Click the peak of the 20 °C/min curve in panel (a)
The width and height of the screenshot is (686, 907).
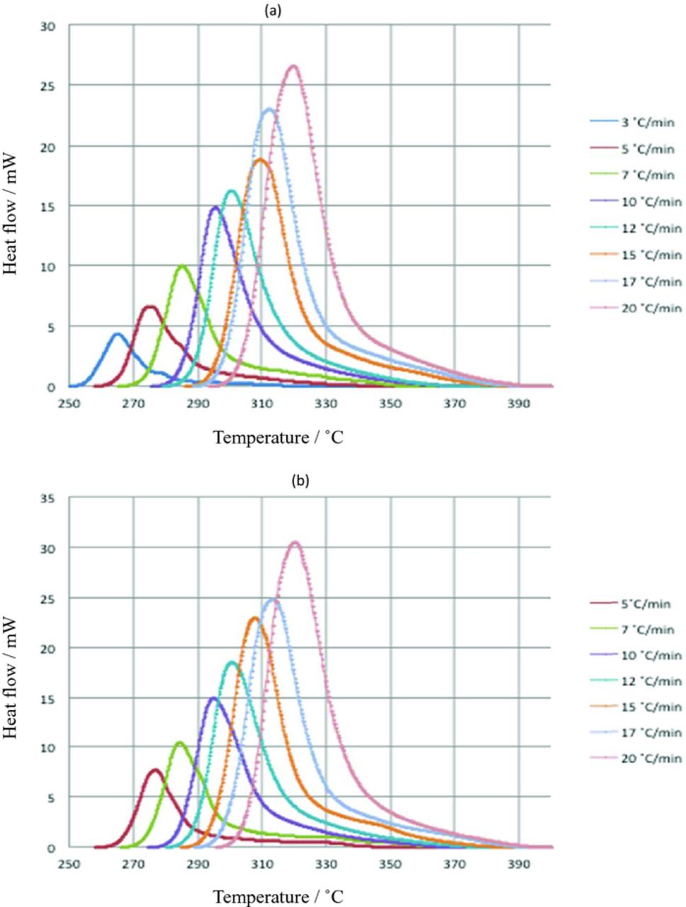click(293, 66)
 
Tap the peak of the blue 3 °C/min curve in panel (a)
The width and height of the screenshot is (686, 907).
click(118, 334)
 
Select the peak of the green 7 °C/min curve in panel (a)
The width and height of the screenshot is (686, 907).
click(182, 266)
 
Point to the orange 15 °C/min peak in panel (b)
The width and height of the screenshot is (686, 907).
click(254, 618)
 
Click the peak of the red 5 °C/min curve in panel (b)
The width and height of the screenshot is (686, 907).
click(155, 770)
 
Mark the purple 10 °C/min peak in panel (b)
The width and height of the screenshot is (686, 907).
click(213, 698)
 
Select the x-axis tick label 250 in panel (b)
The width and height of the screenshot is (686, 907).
click(69, 864)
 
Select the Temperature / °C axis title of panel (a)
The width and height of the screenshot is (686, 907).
click(279, 437)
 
